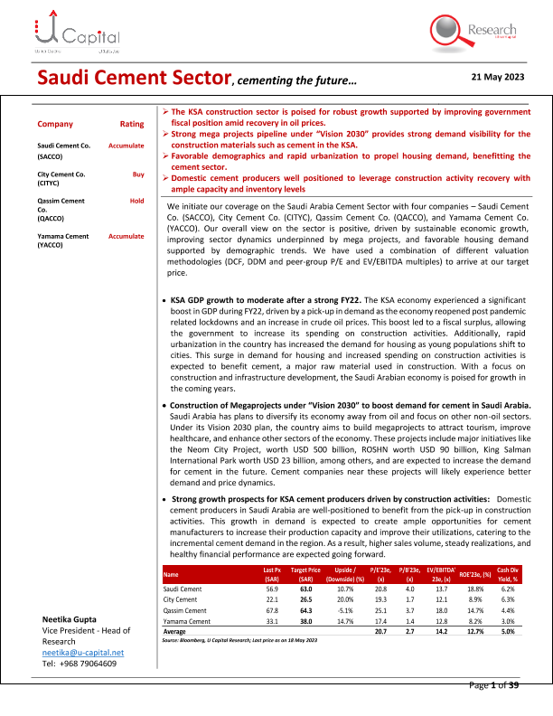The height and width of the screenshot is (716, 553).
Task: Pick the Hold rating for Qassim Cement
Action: [137, 200]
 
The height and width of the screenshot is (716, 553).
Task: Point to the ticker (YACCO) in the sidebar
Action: [50, 244]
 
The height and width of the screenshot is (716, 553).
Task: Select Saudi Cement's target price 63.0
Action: [306, 589]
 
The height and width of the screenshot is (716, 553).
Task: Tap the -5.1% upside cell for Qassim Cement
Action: [347, 610]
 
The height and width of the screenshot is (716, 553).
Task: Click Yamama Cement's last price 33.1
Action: [269, 621]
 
